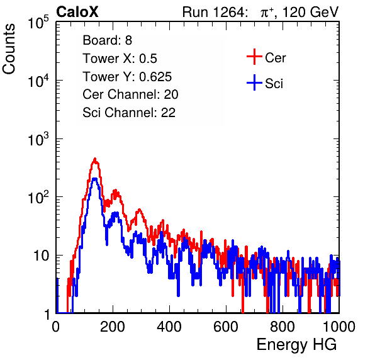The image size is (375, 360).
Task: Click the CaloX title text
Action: point(77,12)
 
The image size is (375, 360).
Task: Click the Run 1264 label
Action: point(213,12)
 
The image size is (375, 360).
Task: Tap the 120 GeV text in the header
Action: point(310,12)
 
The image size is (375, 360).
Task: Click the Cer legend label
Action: point(275,58)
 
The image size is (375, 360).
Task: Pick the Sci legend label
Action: point(274,84)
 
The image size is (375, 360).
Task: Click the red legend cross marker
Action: point(254,57)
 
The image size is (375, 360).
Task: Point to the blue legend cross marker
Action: point(254,82)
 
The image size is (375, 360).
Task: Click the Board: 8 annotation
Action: point(107,40)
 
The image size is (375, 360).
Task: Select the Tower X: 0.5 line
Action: point(120,59)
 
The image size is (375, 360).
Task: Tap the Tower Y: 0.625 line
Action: point(127,77)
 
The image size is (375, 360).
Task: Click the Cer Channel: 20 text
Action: point(130,94)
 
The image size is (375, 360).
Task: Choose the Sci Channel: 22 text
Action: point(129,113)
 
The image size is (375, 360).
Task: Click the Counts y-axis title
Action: point(9,49)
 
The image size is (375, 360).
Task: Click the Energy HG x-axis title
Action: point(296,344)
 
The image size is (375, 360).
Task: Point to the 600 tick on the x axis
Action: point(226,327)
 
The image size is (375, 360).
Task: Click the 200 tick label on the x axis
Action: point(113,327)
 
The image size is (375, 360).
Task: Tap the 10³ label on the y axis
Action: point(38,139)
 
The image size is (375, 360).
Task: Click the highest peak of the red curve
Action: point(95,159)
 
